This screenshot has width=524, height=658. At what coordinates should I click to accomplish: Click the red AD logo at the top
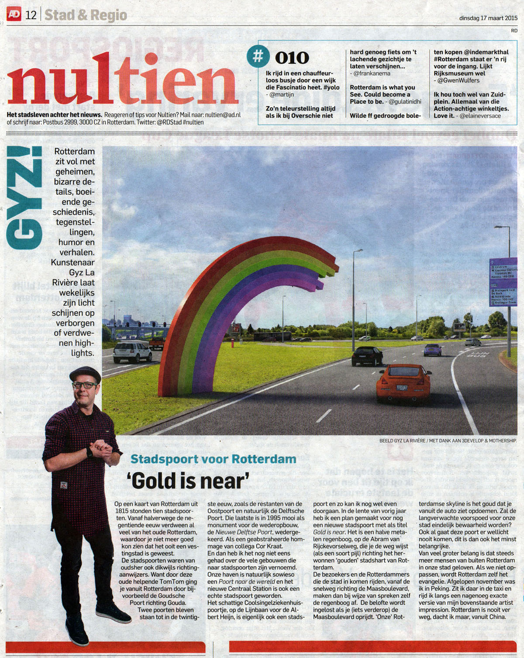pyautogui.click(x=14, y=14)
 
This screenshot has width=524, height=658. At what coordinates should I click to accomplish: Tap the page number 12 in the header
pyautogui.click(x=31, y=15)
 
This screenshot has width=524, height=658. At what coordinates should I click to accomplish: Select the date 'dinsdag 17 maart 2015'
pyautogui.click(x=488, y=18)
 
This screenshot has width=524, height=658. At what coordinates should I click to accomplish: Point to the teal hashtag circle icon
pyautogui.click(x=258, y=56)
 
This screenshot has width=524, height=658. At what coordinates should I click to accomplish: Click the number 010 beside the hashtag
pyautogui.click(x=292, y=58)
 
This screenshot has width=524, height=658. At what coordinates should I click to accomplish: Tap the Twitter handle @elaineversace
pyautogui.click(x=480, y=116)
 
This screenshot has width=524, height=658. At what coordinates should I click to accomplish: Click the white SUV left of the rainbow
pyautogui.click(x=132, y=351)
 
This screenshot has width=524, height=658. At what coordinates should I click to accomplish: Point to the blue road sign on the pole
pyautogui.click(x=503, y=282)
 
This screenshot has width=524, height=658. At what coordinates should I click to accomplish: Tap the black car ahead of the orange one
pyautogui.click(x=367, y=356)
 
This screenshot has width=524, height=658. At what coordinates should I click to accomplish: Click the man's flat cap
pyautogui.click(x=85, y=374)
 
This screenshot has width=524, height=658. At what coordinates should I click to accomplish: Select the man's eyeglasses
pyautogui.click(x=85, y=385)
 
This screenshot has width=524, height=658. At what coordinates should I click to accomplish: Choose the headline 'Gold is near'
pyautogui.click(x=188, y=481)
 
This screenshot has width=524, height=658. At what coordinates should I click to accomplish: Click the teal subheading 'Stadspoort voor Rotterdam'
pyautogui.click(x=213, y=459)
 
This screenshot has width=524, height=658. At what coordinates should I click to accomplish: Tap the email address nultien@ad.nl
pyautogui.click(x=223, y=115)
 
